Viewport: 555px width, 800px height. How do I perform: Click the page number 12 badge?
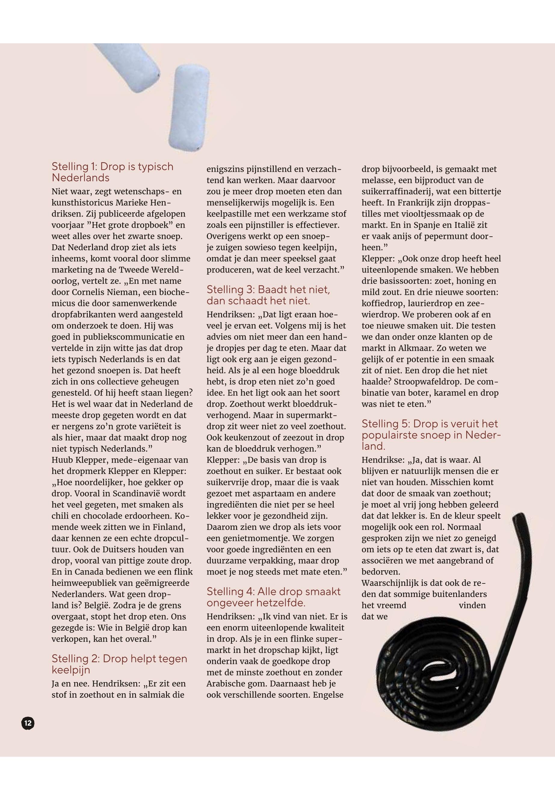coord(28,724)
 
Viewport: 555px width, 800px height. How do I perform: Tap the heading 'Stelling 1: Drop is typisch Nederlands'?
coord(112,172)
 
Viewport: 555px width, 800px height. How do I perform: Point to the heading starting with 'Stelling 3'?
coord(268,295)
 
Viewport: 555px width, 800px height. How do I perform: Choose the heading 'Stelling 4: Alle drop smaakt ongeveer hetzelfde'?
coord(273,597)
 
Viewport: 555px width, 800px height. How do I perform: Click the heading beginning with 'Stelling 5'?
coord(431,435)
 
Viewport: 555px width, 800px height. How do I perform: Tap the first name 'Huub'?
coord(62,460)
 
